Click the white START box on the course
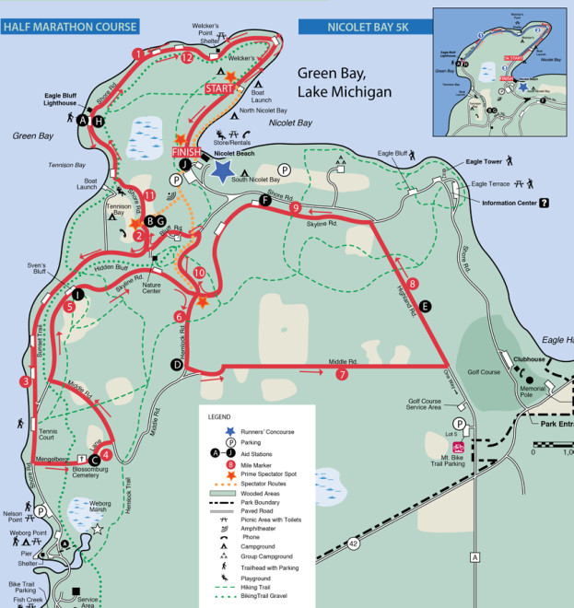click(x=220, y=88)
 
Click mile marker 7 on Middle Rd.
click(x=342, y=374)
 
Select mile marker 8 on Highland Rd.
click(x=413, y=284)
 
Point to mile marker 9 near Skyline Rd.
click(x=296, y=208)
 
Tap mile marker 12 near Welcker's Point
click(x=188, y=57)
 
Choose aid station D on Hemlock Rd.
click(x=177, y=365)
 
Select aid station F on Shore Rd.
click(x=265, y=200)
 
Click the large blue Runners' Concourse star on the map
click(x=222, y=170)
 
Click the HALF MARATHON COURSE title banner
click(x=70, y=27)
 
